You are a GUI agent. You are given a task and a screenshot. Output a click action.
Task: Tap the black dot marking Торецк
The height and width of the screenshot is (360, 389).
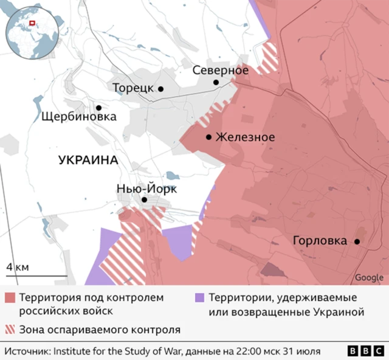161,89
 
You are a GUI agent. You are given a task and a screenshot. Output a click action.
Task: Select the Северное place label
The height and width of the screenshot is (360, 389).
220,70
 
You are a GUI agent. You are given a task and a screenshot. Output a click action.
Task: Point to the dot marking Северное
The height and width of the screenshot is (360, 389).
216,82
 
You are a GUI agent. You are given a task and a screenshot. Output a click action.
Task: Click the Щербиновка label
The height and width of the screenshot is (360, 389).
78,117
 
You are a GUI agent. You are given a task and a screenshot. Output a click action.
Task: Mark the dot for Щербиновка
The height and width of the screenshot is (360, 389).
98,106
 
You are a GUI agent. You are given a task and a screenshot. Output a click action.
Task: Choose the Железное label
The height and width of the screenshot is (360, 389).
245,137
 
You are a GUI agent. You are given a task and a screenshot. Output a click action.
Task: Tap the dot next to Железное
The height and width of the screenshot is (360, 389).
209,137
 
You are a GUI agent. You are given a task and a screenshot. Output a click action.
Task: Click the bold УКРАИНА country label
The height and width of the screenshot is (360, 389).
88,161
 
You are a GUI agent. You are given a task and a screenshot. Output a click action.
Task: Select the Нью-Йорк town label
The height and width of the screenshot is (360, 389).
146,189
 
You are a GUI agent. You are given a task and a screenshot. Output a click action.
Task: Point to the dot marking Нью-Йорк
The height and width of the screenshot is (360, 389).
145,199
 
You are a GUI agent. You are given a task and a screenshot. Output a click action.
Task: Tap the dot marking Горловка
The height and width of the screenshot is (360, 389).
357,241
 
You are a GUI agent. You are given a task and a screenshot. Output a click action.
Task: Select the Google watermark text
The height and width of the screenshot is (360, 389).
369,277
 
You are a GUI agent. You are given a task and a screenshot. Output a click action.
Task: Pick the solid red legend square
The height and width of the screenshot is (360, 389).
10,299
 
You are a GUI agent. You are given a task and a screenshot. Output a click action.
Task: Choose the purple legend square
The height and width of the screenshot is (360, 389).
199,299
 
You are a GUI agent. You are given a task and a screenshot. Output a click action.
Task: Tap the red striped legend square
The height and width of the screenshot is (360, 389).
10,330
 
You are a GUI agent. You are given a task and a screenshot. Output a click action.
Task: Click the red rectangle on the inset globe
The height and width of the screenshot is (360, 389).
34,24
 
